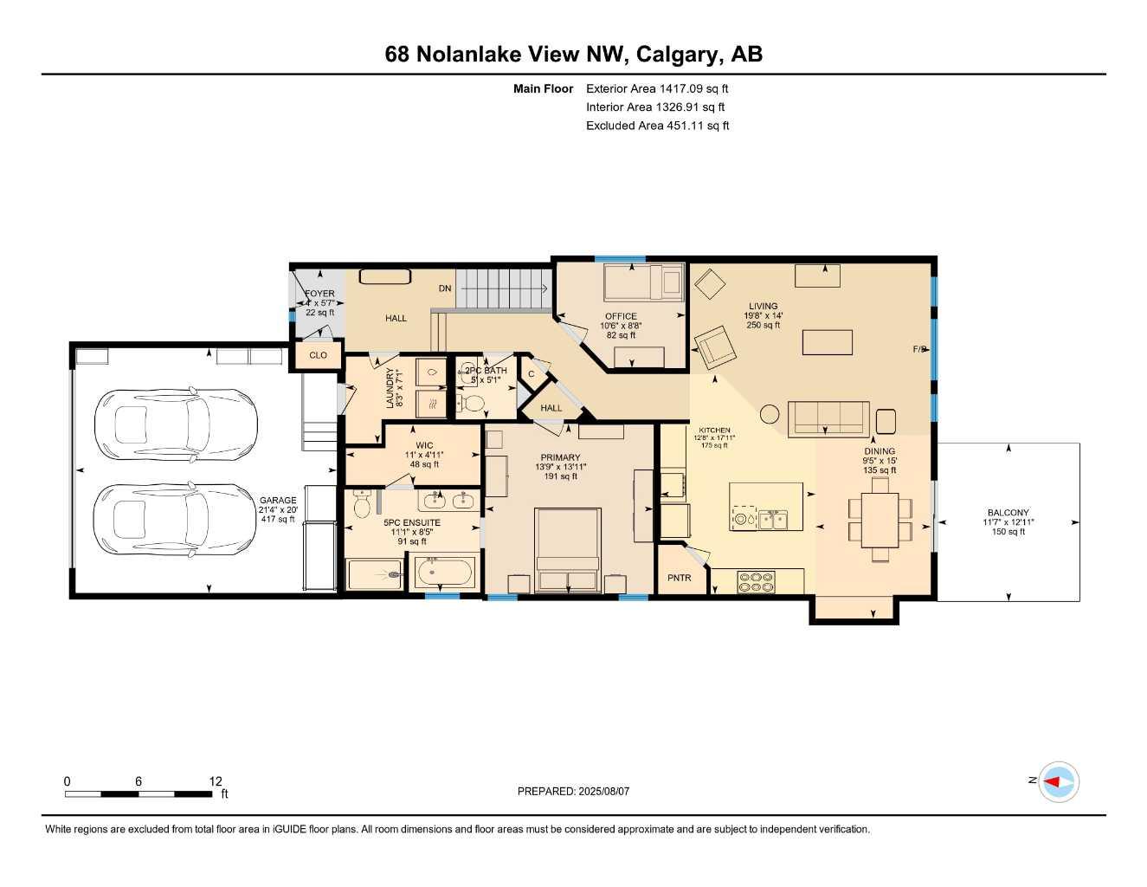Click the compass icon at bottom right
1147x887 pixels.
1058,782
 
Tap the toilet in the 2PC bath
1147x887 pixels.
473,403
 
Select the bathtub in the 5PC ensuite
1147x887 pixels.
445,573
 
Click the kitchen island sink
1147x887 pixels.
773,519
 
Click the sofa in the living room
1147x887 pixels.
828,418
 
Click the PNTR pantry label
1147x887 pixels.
680,578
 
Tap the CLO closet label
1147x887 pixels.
319,355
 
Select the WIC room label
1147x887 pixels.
424,446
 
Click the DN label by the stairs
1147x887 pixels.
445,288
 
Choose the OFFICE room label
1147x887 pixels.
621,316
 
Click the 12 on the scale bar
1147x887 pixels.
216,780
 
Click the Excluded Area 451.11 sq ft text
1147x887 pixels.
657,126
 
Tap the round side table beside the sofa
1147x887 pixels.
770,414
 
